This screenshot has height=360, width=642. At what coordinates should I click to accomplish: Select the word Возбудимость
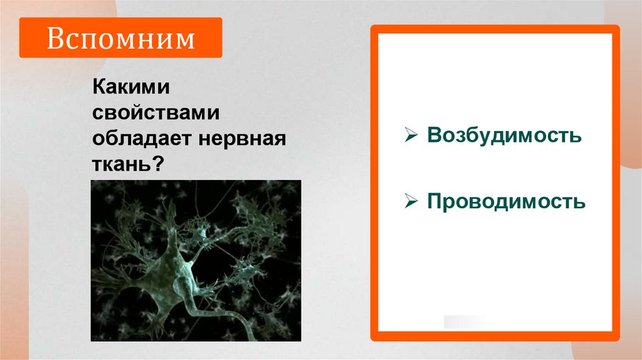click(x=505, y=135)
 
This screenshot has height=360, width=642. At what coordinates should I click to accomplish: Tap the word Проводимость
click(x=507, y=201)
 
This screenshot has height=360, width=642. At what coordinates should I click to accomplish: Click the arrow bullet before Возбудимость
click(x=411, y=135)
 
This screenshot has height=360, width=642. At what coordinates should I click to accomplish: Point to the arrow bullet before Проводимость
click(x=411, y=201)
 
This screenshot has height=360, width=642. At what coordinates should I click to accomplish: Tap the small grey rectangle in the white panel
click(x=465, y=322)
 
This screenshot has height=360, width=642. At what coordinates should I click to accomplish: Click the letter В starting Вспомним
click(x=54, y=38)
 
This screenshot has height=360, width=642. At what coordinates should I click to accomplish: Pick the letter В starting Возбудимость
click(x=434, y=135)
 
